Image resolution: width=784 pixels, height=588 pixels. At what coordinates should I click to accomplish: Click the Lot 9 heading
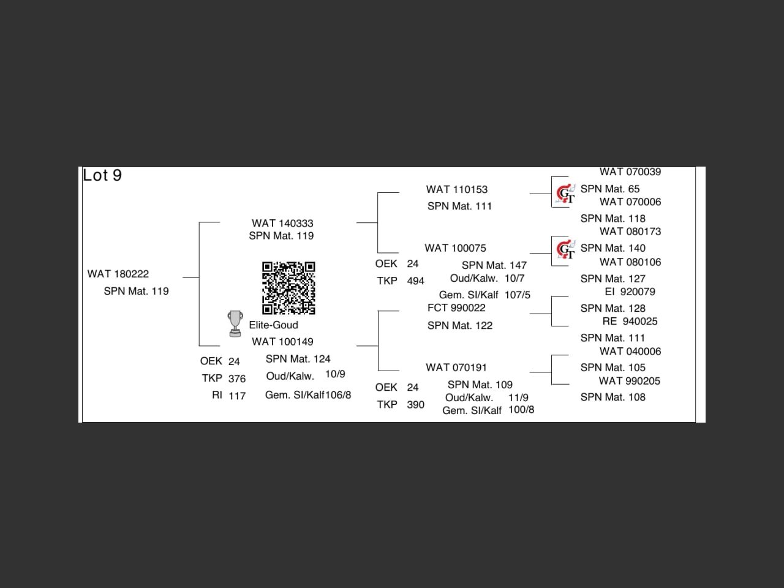tap(102, 176)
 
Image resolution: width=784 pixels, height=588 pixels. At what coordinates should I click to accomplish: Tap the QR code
tap(288, 288)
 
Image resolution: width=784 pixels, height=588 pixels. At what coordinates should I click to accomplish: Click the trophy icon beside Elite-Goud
tap(235, 324)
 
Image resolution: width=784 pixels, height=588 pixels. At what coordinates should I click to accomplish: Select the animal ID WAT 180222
tap(118, 274)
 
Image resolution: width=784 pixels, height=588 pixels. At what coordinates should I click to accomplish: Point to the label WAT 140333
tap(282, 224)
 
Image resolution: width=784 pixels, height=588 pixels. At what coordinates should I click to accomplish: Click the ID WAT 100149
tap(282, 342)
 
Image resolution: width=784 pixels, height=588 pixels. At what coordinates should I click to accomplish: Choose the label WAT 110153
tap(457, 190)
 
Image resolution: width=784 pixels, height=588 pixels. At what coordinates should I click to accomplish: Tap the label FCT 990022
tap(456, 308)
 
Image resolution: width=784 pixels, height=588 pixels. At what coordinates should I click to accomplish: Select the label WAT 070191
tap(456, 367)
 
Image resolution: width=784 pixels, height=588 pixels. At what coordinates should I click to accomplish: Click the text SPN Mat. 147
tap(494, 265)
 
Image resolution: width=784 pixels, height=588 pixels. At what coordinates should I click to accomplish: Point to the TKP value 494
tap(415, 281)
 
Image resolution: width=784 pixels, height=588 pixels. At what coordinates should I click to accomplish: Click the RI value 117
tap(237, 396)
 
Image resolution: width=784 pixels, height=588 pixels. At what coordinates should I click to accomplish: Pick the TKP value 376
tap(237, 379)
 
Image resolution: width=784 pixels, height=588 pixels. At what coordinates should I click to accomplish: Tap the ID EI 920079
tap(630, 292)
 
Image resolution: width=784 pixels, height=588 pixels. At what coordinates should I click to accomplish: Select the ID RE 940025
tap(630, 322)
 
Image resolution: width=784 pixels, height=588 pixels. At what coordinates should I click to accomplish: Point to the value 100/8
tap(521, 410)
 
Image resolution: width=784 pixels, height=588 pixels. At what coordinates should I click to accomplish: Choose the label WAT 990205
tap(630, 381)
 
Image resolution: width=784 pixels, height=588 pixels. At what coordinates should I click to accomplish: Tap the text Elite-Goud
tap(273, 325)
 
